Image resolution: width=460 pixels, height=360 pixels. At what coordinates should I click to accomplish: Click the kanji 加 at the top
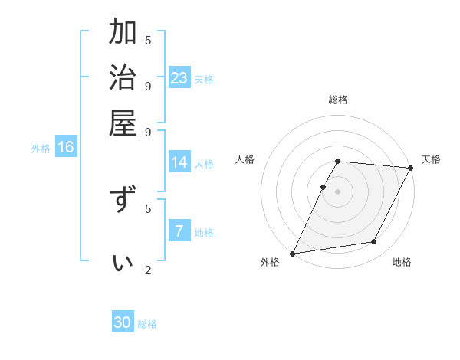[x=123, y=34]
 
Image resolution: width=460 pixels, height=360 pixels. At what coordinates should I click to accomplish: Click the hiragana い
[x=123, y=263]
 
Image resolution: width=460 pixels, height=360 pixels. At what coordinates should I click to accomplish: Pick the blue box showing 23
[x=179, y=77]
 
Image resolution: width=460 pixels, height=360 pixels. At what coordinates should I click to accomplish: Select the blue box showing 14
[x=179, y=162]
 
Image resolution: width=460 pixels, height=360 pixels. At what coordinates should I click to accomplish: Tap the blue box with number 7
[x=179, y=231]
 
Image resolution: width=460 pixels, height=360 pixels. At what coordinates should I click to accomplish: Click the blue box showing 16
[x=66, y=147]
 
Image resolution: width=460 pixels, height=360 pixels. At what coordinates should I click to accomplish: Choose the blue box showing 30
[x=123, y=322]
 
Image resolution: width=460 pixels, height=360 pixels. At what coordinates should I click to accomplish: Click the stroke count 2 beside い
[x=148, y=270]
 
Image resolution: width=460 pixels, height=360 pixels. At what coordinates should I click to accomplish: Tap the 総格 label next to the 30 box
[x=147, y=324]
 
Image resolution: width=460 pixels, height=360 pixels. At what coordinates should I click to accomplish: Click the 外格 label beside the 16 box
[x=41, y=149]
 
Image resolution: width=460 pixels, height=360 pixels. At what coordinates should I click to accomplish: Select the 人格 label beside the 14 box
[x=204, y=164]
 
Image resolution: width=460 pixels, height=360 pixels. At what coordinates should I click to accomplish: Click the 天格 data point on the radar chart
[x=410, y=168]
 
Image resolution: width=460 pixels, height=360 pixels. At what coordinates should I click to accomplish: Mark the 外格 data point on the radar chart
[x=292, y=253]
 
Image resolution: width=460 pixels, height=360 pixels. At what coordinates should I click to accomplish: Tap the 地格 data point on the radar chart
[x=374, y=241]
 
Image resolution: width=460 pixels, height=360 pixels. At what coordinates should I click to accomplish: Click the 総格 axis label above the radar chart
[x=338, y=100]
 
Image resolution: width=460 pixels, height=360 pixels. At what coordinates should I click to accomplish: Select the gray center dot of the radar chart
[x=338, y=191]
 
